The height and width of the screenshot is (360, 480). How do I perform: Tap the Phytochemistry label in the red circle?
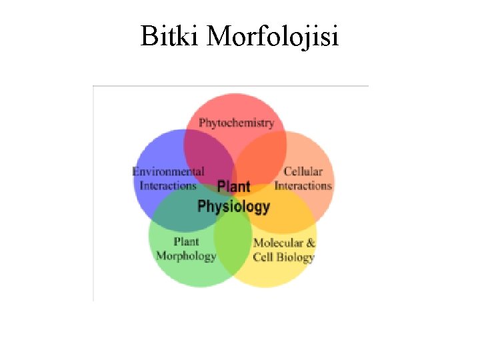pos(236,123)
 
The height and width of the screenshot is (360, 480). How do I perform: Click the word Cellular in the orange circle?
pos(303,172)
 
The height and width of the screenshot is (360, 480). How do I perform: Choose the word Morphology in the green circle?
pos(186,256)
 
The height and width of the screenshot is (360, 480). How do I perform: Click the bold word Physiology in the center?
pos(234,206)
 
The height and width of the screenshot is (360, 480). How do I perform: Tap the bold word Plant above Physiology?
pos(234,187)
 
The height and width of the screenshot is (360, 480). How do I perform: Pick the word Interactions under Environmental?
pos(168,186)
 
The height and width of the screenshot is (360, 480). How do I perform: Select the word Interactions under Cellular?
pos(303,186)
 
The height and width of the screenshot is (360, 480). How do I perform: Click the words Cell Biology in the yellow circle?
pos(283,257)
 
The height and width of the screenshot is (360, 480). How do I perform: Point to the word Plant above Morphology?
pos(186,241)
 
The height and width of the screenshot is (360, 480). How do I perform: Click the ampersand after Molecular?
pos(311,243)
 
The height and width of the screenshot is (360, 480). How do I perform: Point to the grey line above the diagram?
pos(230,86)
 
